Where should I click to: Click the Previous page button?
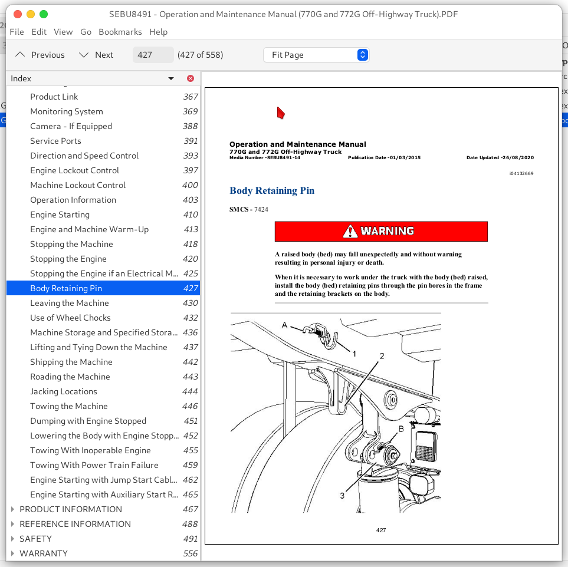[x=40, y=55]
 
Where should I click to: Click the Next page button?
[x=96, y=55]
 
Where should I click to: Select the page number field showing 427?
[x=153, y=55]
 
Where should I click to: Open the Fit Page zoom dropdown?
[x=316, y=55]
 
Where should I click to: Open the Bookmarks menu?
[x=120, y=32]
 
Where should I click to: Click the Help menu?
[x=158, y=32]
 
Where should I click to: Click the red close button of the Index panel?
[x=190, y=78]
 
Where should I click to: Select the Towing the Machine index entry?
[x=69, y=406]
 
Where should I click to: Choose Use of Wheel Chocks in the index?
[x=70, y=318]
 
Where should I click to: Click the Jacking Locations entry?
[x=64, y=391]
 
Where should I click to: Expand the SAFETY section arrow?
[x=13, y=539]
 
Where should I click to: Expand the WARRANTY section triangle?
[x=13, y=553]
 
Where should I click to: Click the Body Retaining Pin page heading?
[x=272, y=190]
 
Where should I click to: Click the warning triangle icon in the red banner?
[x=350, y=231]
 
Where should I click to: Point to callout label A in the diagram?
[x=284, y=325]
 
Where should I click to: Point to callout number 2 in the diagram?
[x=382, y=356]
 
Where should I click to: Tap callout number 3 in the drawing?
[x=342, y=496]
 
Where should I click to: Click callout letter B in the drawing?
[x=401, y=429]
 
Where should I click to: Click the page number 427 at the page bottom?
[x=381, y=530]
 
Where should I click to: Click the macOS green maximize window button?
[x=43, y=14]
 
